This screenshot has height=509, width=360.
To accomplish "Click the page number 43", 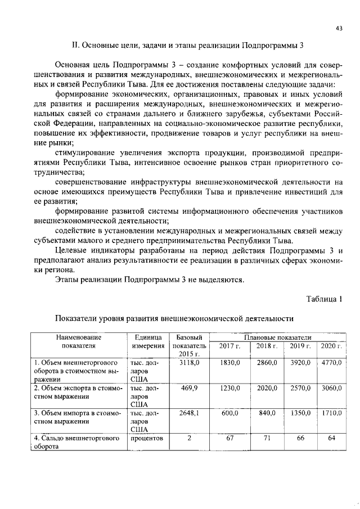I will coord(339,28).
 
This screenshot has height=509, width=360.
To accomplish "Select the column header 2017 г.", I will coord(229,346).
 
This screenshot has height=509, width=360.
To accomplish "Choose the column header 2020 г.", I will coord(331,346).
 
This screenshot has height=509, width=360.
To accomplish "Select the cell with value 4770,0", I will coord(331,363).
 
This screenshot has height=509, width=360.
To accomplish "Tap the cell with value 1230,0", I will coord(229,388).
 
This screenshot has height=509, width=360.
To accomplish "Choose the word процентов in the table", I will coord(148,438).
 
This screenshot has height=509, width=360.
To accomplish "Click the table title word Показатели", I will coord(80,318).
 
